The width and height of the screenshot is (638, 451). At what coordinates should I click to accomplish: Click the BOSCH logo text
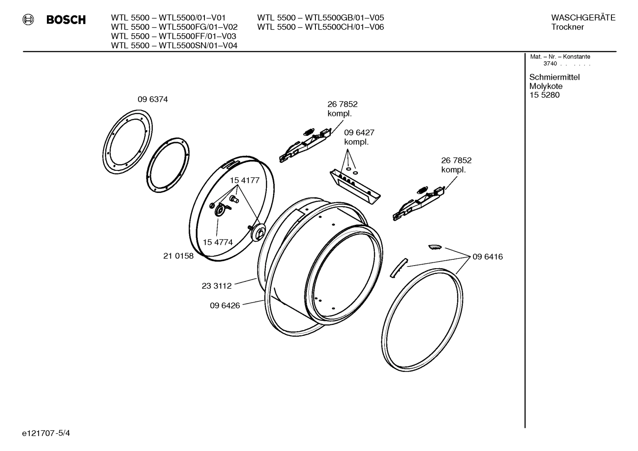point(65,20)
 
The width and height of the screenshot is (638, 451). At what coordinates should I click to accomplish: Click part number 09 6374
point(153,100)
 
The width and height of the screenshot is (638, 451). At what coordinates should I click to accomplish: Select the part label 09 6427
point(359,132)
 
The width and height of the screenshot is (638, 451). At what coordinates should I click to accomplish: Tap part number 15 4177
point(244,180)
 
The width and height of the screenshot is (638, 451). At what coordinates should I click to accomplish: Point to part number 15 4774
point(218,242)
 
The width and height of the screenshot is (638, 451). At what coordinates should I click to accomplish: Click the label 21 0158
point(178,256)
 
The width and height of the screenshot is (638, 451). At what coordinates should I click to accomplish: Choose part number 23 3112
point(216,286)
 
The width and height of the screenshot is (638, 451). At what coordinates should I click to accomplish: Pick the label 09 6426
point(225,305)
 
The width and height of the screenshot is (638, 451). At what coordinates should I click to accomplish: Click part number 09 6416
point(487,257)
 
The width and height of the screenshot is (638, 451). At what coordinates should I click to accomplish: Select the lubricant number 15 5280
point(544,95)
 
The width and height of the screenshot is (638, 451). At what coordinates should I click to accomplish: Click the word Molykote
point(546,86)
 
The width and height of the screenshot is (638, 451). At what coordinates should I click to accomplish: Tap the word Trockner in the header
point(567,27)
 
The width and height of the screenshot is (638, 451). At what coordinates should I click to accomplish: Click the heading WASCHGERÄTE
point(583,18)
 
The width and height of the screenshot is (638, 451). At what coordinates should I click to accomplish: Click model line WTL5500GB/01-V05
point(320,18)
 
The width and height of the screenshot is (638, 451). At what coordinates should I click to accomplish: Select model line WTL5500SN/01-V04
point(174,46)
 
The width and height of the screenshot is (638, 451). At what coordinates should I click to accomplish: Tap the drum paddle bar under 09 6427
point(355,185)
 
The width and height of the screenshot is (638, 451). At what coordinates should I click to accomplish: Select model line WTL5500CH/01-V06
point(320,27)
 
